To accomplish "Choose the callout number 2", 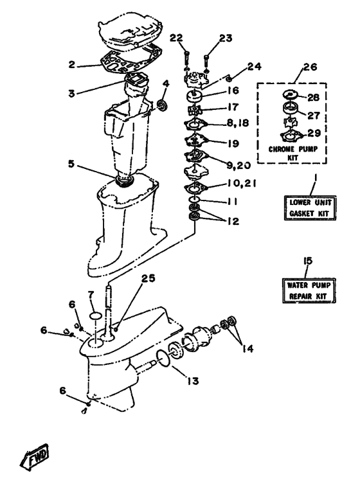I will coord(73,64).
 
